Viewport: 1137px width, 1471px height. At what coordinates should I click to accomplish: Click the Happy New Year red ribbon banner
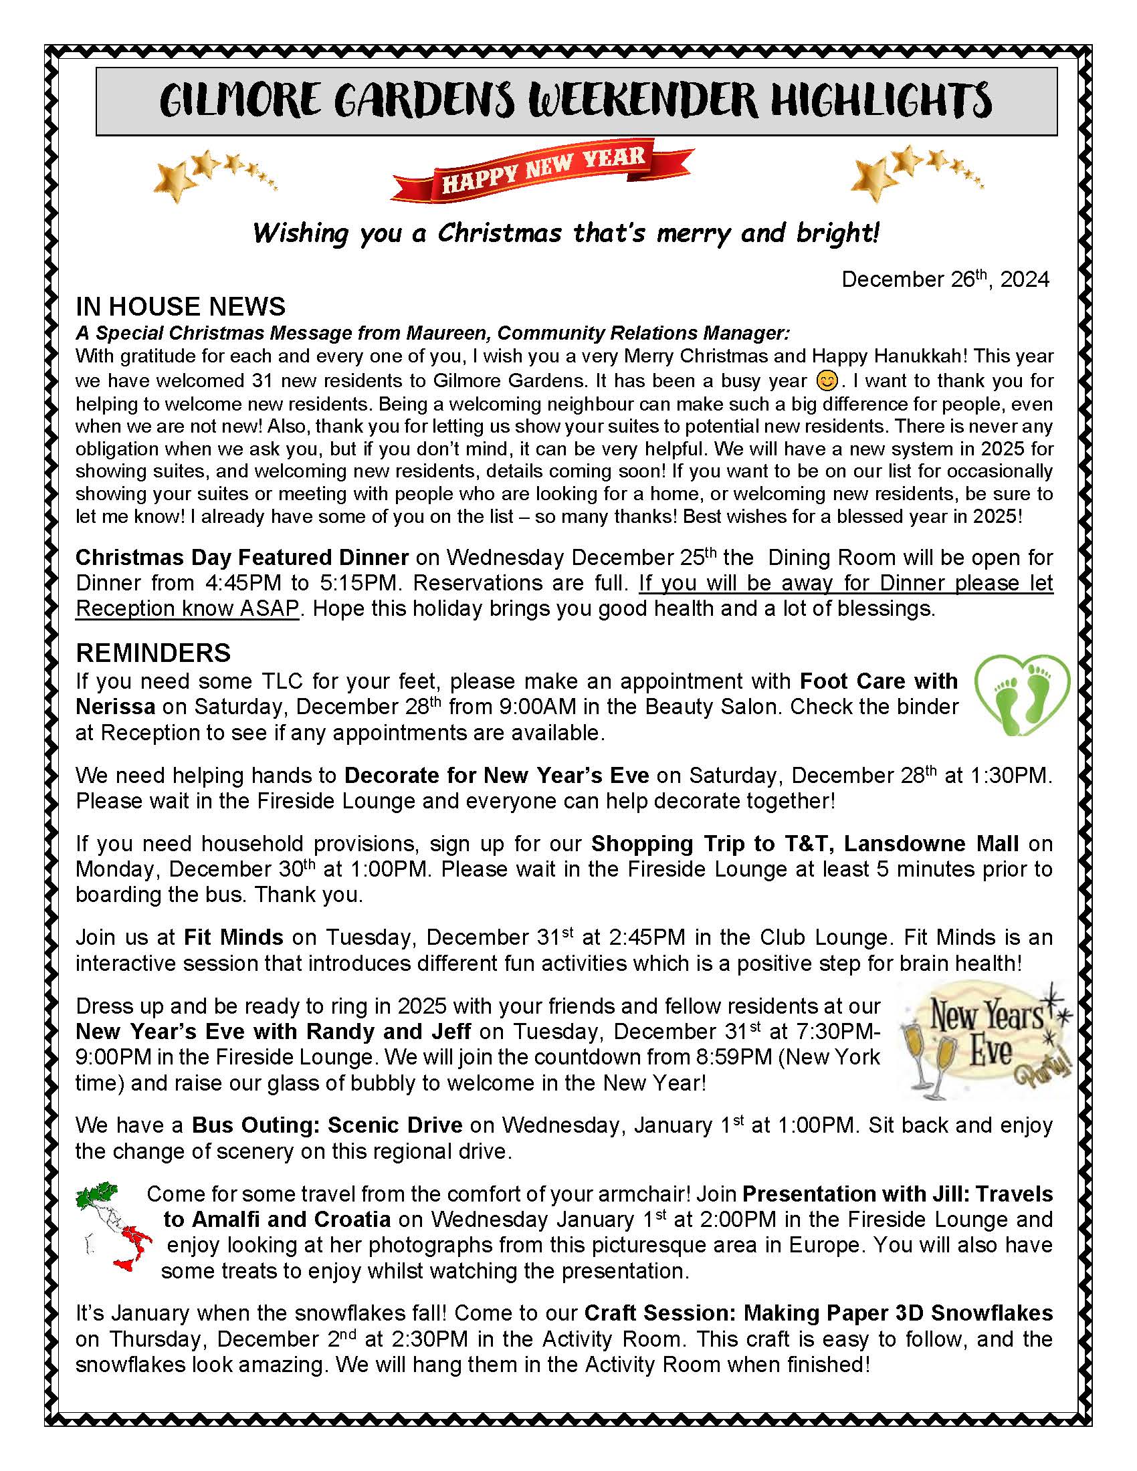click(x=542, y=173)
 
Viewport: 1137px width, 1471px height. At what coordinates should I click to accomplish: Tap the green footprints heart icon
click(x=1022, y=695)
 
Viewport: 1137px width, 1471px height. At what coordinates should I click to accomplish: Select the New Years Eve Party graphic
click(x=985, y=1041)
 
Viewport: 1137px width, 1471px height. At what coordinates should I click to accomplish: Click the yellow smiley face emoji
click(x=827, y=381)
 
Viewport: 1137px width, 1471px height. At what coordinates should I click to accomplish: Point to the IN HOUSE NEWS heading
click(x=181, y=307)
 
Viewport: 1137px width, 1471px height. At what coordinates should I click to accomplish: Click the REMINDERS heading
click(x=153, y=653)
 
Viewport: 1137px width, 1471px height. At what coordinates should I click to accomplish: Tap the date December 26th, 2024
click(x=945, y=279)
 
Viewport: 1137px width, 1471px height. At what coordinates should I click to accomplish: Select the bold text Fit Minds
click(x=233, y=937)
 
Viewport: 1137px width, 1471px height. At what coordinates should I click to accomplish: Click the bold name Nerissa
click(x=115, y=707)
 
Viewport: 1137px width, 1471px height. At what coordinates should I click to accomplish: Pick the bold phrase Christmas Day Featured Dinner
click(x=242, y=558)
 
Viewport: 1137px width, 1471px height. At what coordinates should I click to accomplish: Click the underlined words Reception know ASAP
click(x=187, y=608)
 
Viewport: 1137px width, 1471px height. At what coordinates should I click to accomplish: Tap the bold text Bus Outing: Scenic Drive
click(x=327, y=1125)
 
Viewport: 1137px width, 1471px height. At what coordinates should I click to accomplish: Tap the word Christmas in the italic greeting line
click(x=499, y=233)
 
